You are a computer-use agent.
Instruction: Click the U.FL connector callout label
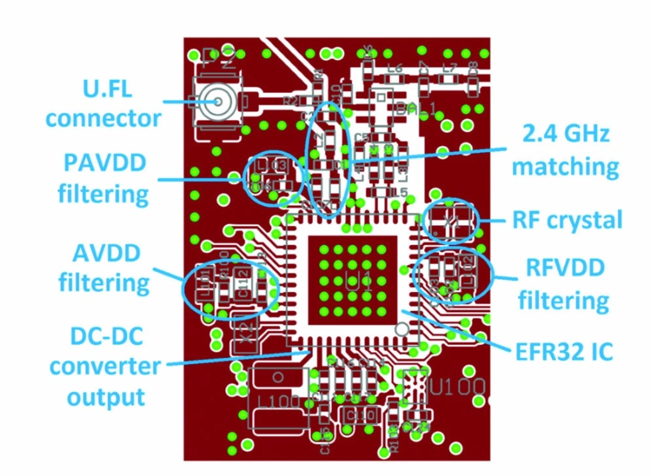pyautogui.click(x=104, y=104)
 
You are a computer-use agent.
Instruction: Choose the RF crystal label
pyautogui.click(x=566, y=220)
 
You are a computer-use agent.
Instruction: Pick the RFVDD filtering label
pyautogui.click(x=563, y=285)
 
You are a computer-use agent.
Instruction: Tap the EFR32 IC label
pyautogui.click(x=562, y=351)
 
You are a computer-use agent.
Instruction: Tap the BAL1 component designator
pyautogui.click(x=415, y=109)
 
